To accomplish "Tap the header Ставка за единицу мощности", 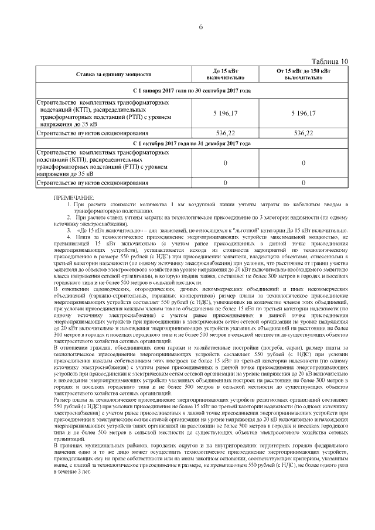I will point(114,74).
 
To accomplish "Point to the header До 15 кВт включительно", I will point(225,74).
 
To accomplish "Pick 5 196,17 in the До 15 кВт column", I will point(225,113).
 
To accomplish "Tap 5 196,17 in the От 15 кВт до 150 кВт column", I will point(304,113).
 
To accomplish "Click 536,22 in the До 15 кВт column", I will point(225,134).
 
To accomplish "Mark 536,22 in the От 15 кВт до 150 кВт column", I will point(304,134).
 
